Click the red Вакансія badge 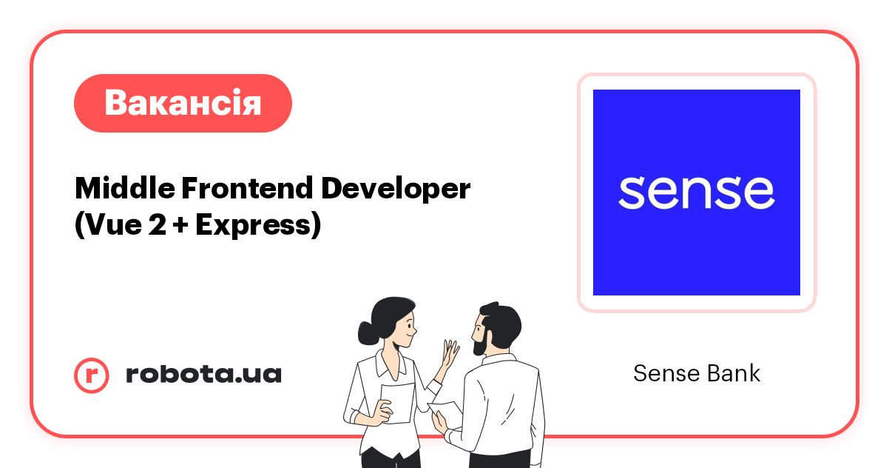183,103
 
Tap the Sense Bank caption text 696,373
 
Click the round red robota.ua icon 92,375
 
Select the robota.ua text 203,374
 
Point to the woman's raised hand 450,354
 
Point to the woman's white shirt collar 385,363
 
